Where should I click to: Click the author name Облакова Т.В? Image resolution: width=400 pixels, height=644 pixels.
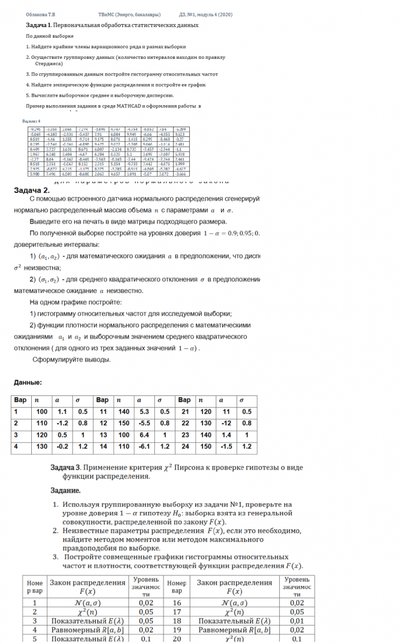point(39,13)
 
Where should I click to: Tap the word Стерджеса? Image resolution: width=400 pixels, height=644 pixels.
point(49,62)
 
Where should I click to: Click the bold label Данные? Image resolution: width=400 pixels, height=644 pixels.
point(28,382)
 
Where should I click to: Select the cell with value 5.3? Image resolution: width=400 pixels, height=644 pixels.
point(144,412)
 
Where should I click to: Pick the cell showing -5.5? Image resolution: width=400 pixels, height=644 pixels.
point(145,424)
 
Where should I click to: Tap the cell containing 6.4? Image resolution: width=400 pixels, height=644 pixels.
point(144,435)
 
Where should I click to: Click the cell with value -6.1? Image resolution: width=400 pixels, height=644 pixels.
point(144,446)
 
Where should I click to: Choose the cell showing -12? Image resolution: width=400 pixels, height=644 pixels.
point(225,424)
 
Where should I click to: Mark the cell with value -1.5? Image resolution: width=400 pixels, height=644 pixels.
point(226,446)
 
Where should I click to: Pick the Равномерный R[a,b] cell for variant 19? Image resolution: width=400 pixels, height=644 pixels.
point(234,630)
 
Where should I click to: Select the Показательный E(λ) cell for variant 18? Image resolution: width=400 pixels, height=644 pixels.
point(234,621)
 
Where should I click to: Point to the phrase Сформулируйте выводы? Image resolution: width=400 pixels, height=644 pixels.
point(71,359)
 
